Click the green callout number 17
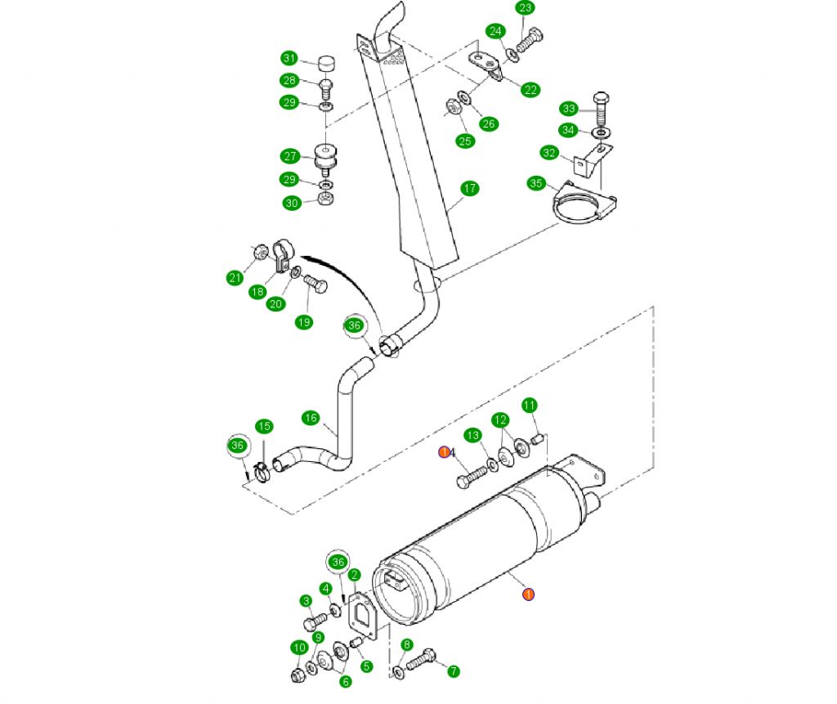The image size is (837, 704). tap(469, 189)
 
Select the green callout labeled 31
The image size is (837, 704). tap(289, 58)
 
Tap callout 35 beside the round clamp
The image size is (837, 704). tap(536, 183)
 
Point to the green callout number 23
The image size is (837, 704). tap(525, 9)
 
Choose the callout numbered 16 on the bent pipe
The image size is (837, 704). tap(310, 418)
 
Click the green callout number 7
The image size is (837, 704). tap(453, 671)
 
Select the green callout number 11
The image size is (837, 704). tap(529, 405)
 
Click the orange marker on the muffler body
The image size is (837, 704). tap(528, 594)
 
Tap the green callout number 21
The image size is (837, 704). tap(235, 278)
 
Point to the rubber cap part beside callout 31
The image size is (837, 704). tap(325, 63)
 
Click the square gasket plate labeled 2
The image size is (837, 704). tap(361, 614)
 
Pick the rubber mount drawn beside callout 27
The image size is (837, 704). tap(326, 157)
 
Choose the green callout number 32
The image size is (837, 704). tap(549, 153)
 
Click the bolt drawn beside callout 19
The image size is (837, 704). tap(316, 285)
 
